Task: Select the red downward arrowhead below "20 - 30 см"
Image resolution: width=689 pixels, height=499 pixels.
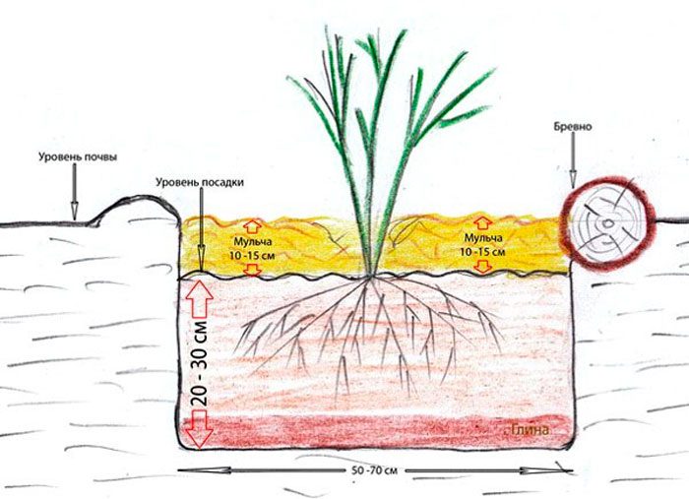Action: point(201,433)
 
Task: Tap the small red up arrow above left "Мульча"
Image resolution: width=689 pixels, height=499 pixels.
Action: point(251,223)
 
